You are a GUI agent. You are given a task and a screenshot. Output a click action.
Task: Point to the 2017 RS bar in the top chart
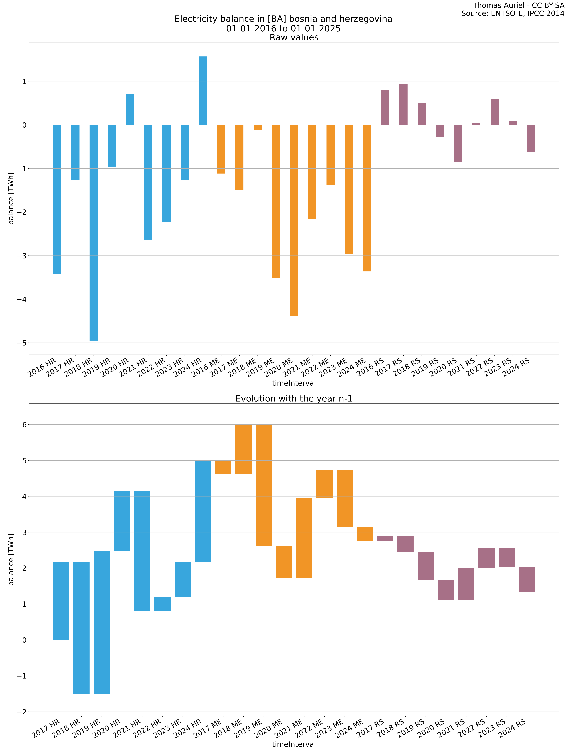(x=403, y=104)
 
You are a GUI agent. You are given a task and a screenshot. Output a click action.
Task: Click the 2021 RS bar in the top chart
(x=476, y=124)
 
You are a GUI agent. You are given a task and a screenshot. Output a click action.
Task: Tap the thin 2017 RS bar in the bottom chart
(x=385, y=539)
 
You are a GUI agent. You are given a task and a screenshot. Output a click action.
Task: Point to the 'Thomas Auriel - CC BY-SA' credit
(x=518, y=5)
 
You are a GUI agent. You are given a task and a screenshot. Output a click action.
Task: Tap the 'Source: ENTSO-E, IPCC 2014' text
(x=513, y=14)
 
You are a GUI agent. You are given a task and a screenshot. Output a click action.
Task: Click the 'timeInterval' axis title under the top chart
(x=294, y=383)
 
